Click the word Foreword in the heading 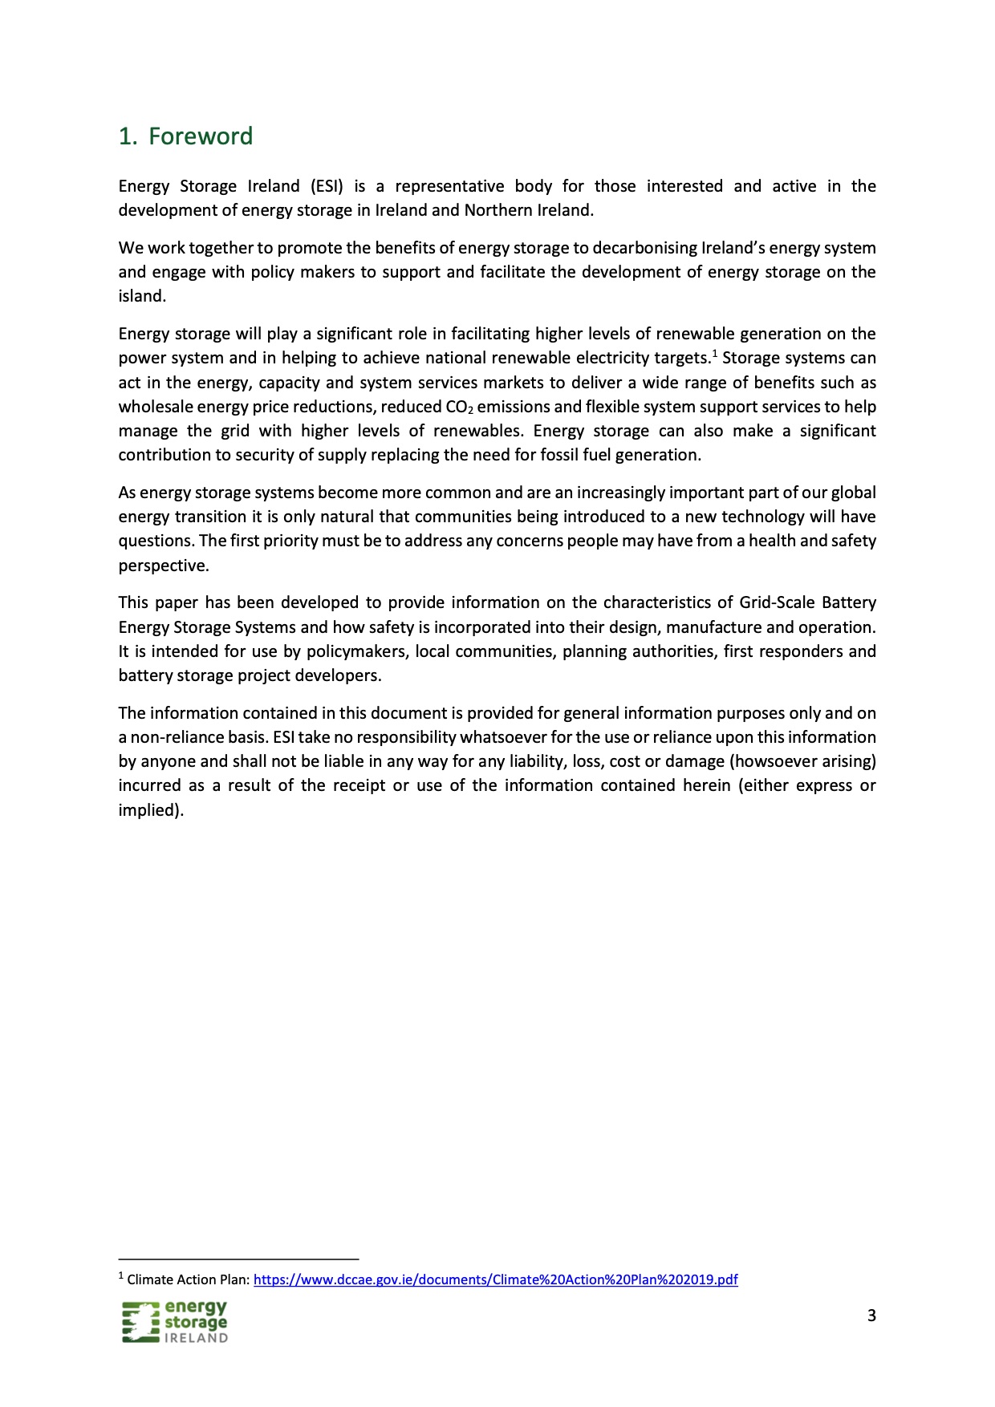[x=201, y=136]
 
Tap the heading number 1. [x=127, y=136]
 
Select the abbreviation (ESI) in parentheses [x=327, y=186]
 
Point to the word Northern [x=497, y=210]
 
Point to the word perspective [x=163, y=566]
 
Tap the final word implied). [x=151, y=810]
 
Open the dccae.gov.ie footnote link [x=495, y=1279]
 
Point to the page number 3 [x=871, y=1316]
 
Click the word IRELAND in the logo [x=196, y=1338]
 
